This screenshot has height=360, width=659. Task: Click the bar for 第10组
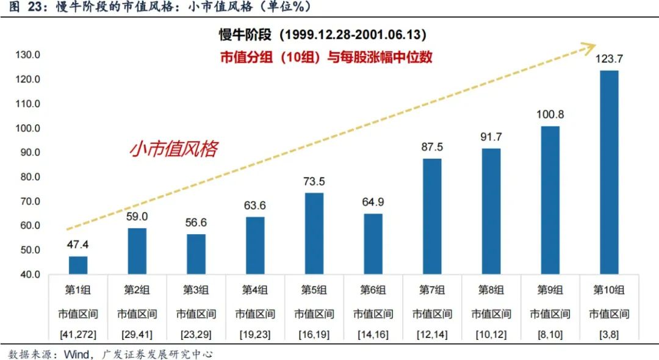[609, 172]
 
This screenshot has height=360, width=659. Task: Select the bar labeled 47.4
[78, 265]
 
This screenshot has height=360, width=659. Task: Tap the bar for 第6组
[373, 243]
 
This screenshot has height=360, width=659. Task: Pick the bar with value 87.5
[432, 216]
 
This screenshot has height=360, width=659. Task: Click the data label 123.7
[609, 59]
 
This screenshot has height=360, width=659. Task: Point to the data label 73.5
[314, 181]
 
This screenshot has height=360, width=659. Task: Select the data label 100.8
[550, 114]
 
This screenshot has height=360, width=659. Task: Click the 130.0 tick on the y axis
[28, 55]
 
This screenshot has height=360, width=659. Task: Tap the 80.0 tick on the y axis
[28, 177]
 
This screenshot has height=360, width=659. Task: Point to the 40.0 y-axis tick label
[28, 275]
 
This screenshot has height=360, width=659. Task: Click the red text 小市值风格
[173, 149]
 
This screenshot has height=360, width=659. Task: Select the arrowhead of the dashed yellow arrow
[589, 46]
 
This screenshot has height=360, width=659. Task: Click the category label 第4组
[255, 290]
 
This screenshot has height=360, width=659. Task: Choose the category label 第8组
[491, 290]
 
